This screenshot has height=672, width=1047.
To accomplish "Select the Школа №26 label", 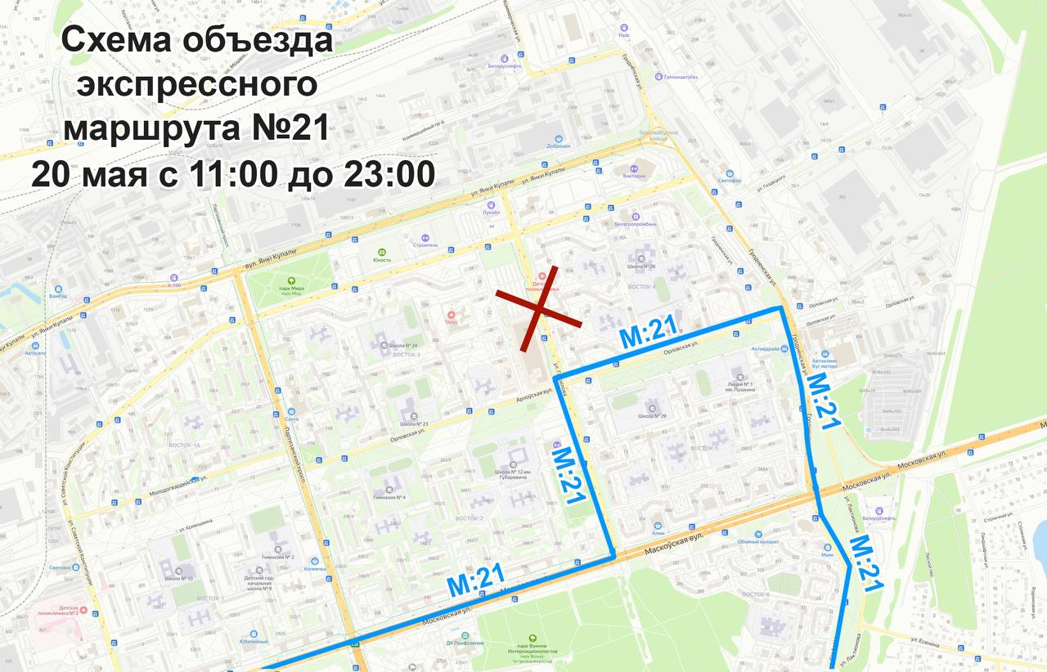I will [x=642, y=267].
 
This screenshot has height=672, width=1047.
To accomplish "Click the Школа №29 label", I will [x=653, y=416].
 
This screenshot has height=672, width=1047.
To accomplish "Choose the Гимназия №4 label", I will [x=389, y=497].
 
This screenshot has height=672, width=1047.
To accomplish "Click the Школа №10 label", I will [x=182, y=579].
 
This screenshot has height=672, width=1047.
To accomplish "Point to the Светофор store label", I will [x=730, y=181].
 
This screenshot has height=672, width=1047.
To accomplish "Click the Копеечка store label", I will [x=315, y=568].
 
